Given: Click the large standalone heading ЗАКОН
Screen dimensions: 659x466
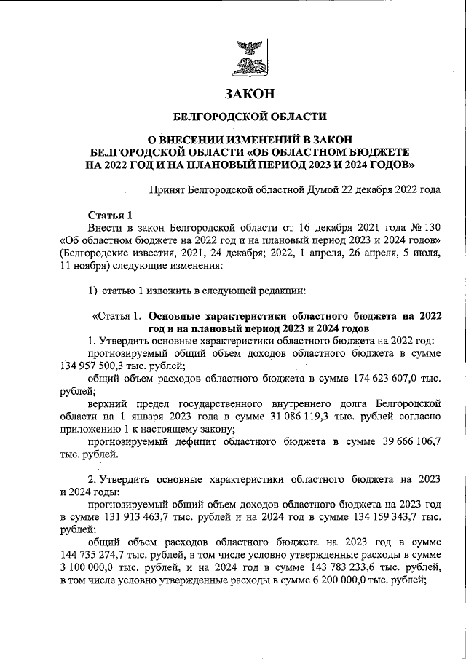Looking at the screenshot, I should (250, 94).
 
